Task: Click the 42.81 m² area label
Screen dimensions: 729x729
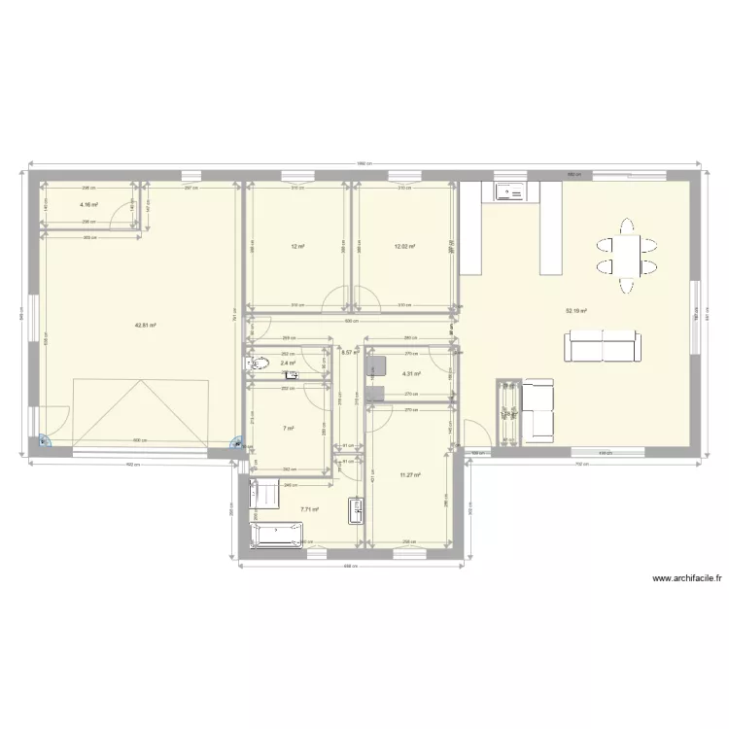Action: click(x=146, y=327)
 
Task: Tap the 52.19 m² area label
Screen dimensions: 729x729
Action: click(x=576, y=312)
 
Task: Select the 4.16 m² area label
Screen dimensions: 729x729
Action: click(x=88, y=205)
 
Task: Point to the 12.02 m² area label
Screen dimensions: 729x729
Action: click(x=404, y=247)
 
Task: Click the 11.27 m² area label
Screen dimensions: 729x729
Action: click(x=410, y=475)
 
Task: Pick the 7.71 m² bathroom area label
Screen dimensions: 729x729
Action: click(x=309, y=508)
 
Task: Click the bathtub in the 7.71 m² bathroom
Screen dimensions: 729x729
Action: click(x=278, y=536)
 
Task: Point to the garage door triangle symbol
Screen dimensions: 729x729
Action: click(x=143, y=407)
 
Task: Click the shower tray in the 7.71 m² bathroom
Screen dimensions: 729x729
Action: click(x=263, y=493)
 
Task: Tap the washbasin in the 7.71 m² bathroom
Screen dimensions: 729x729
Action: click(x=357, y=510)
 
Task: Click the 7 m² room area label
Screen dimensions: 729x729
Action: click(x=288, y=428)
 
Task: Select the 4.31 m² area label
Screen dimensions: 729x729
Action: click(x=410, y=374)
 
